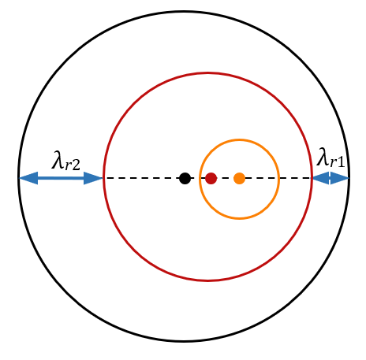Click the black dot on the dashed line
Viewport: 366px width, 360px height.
pos(185,178)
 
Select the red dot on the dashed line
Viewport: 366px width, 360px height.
pos(211,178)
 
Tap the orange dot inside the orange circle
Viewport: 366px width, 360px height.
pos(239,178)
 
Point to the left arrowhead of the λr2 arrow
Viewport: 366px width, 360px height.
pos(28,178)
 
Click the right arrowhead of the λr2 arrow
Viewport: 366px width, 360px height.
pos(93,178)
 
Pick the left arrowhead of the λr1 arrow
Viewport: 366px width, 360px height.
pos(321,178)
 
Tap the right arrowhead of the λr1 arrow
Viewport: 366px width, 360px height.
pos(340,178)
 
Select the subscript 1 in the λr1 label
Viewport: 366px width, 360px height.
pos(340,162)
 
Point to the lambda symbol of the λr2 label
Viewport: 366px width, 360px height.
pos(58,160)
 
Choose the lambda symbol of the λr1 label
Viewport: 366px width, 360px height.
pos(323,157)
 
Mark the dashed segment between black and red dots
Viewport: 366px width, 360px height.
pos(198,178)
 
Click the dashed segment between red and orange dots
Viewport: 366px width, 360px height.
pos(225,178)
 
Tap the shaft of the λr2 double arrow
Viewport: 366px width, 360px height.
pos(61,178)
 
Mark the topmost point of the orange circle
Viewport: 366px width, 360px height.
pos(239,139)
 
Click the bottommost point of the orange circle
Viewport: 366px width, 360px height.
pos(239,218)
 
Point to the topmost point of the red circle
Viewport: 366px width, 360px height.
pos(208,72)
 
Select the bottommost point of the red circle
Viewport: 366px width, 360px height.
pos(208,281)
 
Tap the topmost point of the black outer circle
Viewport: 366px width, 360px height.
pos(184,12)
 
